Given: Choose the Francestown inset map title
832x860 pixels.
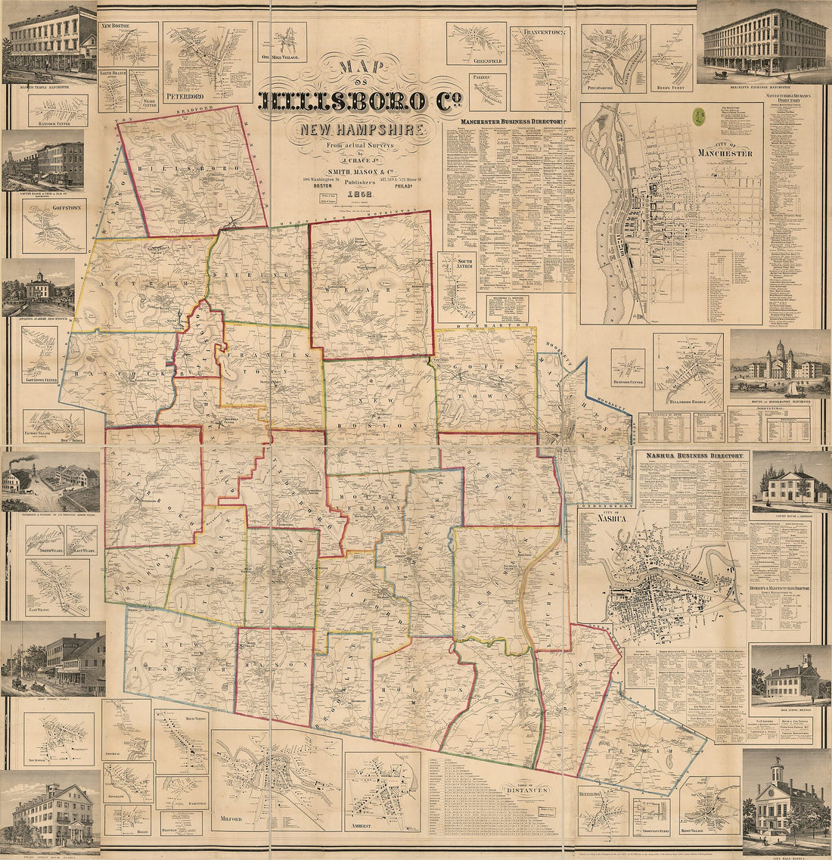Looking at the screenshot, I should tap(541, 33).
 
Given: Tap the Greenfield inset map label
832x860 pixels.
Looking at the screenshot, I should tap(476, 60).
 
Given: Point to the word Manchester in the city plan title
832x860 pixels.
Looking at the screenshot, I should tap(724, 154).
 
